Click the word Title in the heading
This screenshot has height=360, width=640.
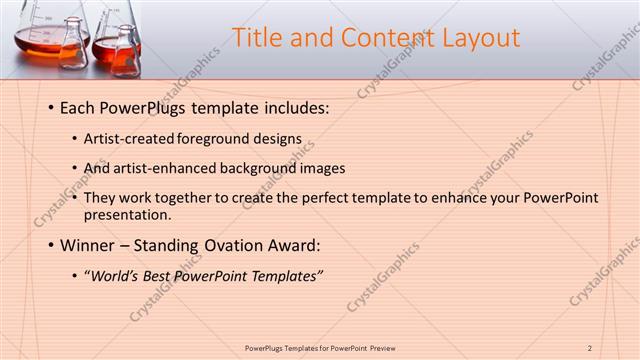[257, 38]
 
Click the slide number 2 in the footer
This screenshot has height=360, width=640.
[590, 347]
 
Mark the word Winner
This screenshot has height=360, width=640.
[87, 245]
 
